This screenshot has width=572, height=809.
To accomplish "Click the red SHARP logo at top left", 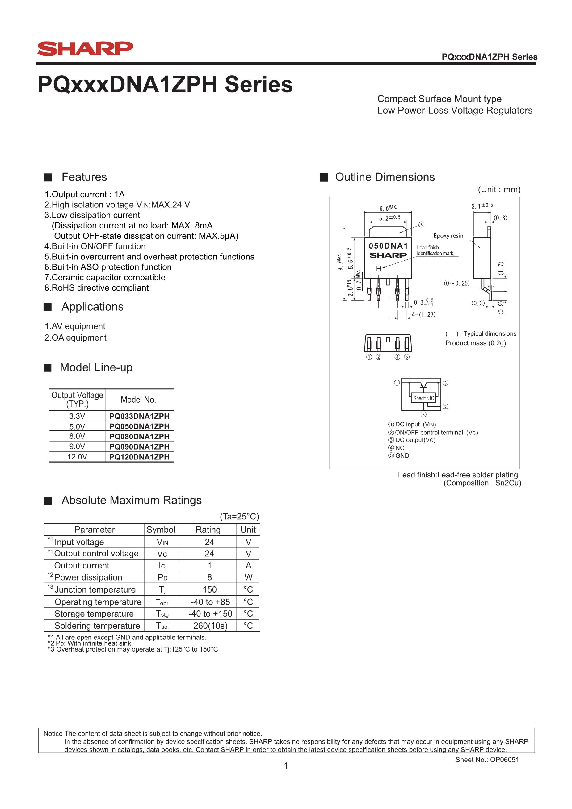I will click(x=85, y=48).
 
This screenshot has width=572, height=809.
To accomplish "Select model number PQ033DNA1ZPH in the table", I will click(x=139, y=416).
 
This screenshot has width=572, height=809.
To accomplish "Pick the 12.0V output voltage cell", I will click(x=77, y=457).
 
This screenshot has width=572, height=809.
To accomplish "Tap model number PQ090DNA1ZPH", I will click(x=139, y=447).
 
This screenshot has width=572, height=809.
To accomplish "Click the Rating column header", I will click(x=208, y=530).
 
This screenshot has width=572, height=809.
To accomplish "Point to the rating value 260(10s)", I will click(x=210, y=626).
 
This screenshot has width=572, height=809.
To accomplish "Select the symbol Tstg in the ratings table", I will click(x=162, y=614).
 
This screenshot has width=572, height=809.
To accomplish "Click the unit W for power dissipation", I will click(x=248, y=577).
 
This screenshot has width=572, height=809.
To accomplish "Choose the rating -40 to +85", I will click(x=210, y=602).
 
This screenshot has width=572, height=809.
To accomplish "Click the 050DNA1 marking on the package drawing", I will click(x=388, y=245).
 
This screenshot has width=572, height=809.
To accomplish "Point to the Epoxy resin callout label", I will click(x=448, y=236).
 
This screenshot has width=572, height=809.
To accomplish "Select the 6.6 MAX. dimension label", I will click(x=388, y=208).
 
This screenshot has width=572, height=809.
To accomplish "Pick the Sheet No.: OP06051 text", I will click(x=487, y=760).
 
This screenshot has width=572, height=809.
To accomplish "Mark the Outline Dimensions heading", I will click(x=385, y=177).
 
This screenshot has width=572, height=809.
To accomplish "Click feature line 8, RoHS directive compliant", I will click(x=97, y=288).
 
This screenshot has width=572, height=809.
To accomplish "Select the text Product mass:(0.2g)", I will click(x=475, y=343).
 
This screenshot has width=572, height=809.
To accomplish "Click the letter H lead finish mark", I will click(x=379, y=269).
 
